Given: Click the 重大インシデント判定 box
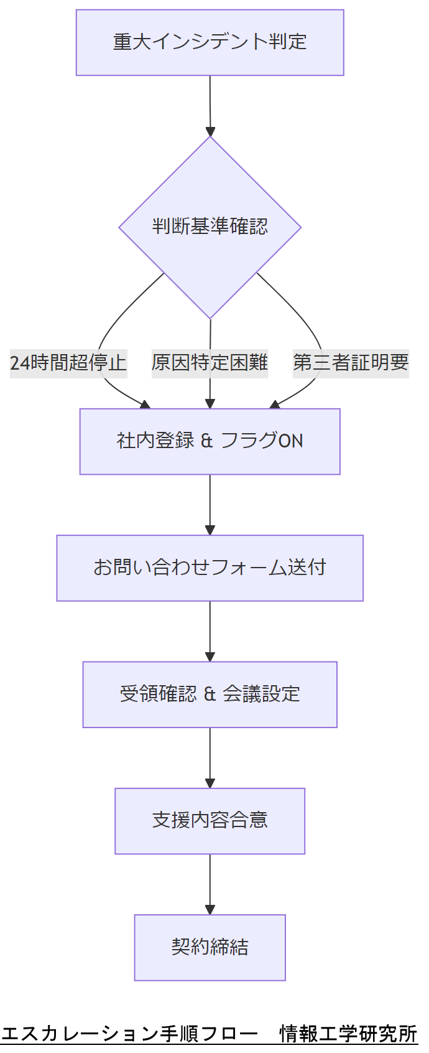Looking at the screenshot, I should pos(210,42).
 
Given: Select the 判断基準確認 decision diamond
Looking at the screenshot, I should pos(210,227).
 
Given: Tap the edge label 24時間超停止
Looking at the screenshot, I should pos(68,362).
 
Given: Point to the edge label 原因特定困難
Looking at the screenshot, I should pos(210,362).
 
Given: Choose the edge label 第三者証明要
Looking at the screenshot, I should pos(351,362).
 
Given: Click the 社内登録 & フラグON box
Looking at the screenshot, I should pos(210,441).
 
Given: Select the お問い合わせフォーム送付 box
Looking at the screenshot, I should pos(210,568).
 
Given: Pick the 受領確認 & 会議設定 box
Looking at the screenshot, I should pos(210,694).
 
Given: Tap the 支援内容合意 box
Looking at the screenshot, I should pos(210,820).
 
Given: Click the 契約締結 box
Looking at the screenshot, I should pos(210,947).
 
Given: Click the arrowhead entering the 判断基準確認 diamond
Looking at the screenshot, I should pos(210,131).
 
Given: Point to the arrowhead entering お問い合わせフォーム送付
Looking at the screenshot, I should pos(210,530).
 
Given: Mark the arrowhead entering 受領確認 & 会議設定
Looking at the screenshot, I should pos(210,657).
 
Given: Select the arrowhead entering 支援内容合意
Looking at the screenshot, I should pos(210,784).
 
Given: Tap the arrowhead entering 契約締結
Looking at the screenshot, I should pos(210,910).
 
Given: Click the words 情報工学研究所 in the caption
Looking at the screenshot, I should pos(348,1034).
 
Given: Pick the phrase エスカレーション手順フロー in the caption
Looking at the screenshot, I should pos(129,1034).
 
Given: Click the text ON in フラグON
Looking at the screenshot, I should pos(290,441).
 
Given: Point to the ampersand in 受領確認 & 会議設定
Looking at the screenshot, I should pos(210,694).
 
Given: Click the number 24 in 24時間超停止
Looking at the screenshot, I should pos(19,362).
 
